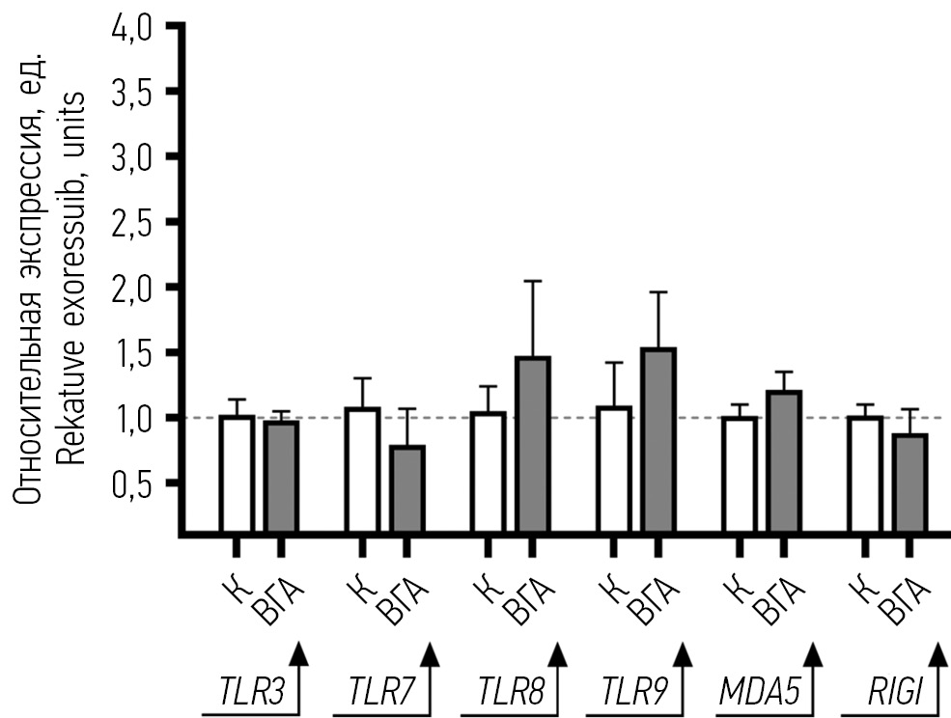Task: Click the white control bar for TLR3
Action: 236,474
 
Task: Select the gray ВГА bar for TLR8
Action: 533,445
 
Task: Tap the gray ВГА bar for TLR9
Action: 658,440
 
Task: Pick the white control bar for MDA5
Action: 739,474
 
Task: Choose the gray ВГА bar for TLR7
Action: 407,488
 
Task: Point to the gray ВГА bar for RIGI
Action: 909,483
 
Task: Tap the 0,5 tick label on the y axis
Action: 131,483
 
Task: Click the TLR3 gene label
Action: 246,692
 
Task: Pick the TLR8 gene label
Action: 507,692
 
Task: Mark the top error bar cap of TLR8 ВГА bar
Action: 533,281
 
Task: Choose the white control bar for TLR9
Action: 614,470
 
